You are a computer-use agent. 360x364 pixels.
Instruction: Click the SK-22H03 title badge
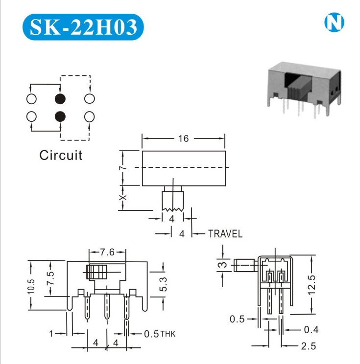click(x=83, y=27)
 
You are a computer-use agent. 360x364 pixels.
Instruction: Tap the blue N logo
click(x=334, y=23)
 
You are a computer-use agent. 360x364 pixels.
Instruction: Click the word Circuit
click(x=61, y=155)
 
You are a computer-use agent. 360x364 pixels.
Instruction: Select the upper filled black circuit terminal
click(x=60, y=99)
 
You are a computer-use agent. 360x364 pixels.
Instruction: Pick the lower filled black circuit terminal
click(x=60, y=116)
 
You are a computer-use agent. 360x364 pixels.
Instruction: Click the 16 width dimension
click(x=183, y=138)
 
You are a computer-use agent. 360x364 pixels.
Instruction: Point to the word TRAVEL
click(x=225, y=234)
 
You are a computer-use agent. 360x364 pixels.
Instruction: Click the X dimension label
click(x=123, y=198)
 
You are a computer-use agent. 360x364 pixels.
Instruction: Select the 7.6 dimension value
click(x=107, y=252)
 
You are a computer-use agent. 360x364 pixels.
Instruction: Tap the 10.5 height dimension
click(x=31, y=286)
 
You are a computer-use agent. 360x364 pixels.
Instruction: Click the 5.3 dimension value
click(x=163, y=284)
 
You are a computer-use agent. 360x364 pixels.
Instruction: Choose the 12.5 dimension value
click(x=312, y=285)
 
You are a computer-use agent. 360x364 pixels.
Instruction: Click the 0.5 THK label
click(x=160, y=334)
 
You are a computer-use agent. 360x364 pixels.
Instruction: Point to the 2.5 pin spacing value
click(x=309, y=346)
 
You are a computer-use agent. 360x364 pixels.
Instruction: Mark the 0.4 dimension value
click(x=311, y=329)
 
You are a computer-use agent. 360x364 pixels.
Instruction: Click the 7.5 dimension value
click(x=50, y=278)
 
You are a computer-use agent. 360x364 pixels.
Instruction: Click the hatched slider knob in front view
click(x=96, y=272)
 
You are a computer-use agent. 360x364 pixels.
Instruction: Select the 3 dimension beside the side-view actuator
click(x=223, y=265)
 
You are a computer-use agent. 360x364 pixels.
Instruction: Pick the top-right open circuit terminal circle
click(x=90, y=99)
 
